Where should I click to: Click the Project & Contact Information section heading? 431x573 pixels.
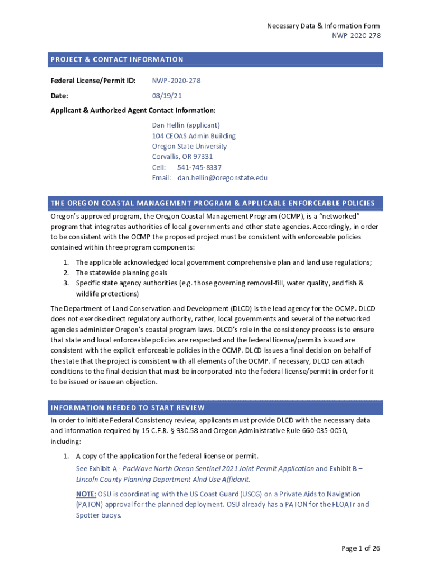[117, 59]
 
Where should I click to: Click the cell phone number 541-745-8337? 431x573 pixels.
[199, 167]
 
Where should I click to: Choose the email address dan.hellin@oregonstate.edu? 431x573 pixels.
[222, 178]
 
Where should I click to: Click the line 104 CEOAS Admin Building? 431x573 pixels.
[194, 136]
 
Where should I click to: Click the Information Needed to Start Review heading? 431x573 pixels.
[128, 407]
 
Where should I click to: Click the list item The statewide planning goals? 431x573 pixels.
[121, 273]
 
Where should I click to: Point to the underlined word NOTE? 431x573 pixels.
[86, 494]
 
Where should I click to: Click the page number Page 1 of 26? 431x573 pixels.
[360, 548]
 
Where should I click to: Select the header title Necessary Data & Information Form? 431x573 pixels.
[323, 26]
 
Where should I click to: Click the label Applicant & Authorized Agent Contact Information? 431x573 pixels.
[133, 110]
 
